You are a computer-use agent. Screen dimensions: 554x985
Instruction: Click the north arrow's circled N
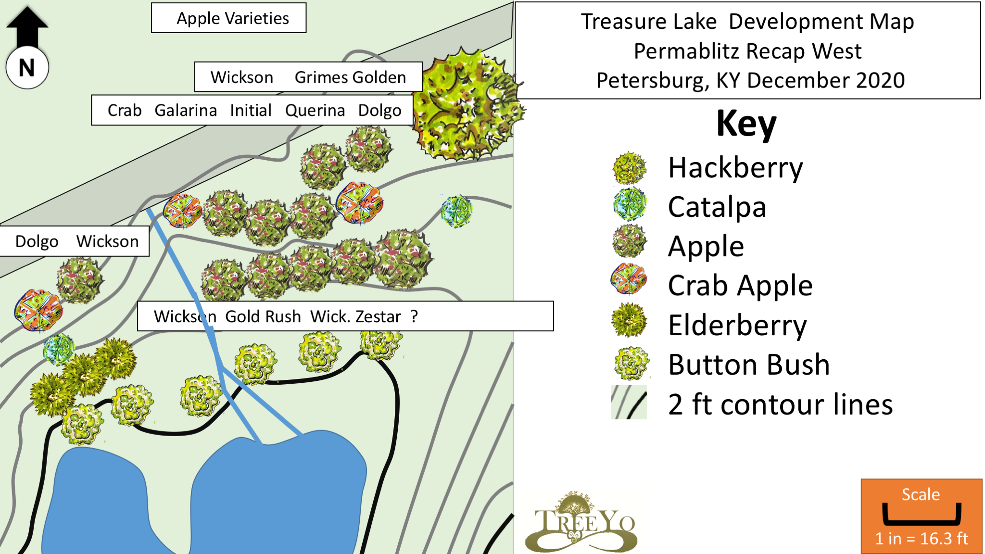pyautogui.click(x=27, y=68)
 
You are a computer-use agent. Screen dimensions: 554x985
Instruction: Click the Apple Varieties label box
pyautogui.click(x=229, y=18)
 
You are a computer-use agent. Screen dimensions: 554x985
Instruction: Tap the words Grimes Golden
pyautogui.click(x=350, y=77)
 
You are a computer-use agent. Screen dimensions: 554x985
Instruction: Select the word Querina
pyautogui.click(x=315, y=111)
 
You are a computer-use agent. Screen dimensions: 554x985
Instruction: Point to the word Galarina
pyautogui.click(x=186, y=111)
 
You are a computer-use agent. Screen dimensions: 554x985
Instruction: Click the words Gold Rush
pyautogui.click(x=263, y=316)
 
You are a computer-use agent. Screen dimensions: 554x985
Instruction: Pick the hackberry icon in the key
pyautogui.click(x=629, y=168)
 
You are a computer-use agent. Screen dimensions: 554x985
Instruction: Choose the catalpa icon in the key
pyautogui.click(x=629, y=204)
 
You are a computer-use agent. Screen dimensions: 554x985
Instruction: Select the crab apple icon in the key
pyautogui.click(x=629, y=279)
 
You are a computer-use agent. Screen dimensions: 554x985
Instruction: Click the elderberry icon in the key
pyautogui.click(x=629, y=320)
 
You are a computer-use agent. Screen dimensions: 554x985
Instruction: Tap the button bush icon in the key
pyautogui.click(x=631, y=364)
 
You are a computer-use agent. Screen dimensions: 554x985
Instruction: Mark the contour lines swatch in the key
pyautogui.click(x=629, y=403)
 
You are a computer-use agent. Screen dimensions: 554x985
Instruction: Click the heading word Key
pyautogui.click(x=746, y=124)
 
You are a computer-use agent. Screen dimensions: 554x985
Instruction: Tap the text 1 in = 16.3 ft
pyautogui.click(x=921, y=539)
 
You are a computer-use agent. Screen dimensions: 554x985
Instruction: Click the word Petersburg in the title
pyautogui.click(x=652, y=80)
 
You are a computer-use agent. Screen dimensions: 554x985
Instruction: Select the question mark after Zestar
pyautogui.click(x=414, y=316)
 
